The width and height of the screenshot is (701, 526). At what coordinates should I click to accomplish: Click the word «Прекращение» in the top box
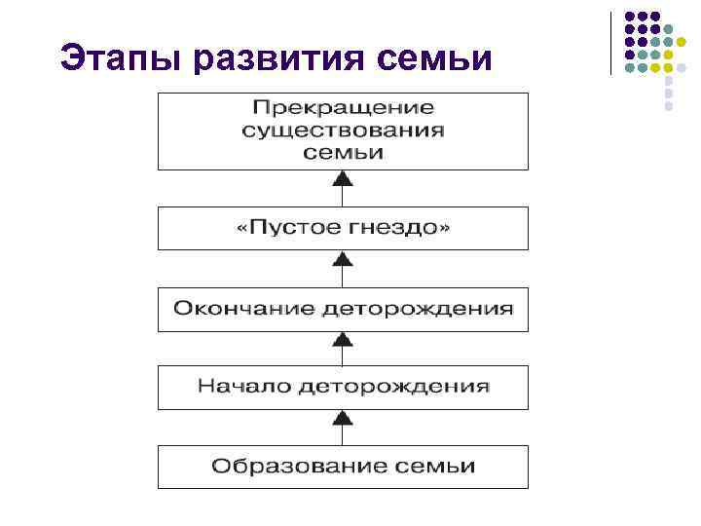click(344, 107)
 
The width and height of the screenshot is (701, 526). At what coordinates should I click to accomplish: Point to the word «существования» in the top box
click(344, 130)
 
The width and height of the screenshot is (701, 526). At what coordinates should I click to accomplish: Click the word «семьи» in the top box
click(344, 152)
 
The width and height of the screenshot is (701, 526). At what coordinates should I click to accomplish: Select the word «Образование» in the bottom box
click(283, 466)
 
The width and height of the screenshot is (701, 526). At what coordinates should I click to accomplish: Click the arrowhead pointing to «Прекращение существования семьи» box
click(342, 178)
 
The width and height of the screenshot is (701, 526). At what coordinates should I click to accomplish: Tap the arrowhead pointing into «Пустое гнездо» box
click(342, 258)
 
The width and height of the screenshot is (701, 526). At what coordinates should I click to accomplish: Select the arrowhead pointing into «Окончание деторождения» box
click(342, 338)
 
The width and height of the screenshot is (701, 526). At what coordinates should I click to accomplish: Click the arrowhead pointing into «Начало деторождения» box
click(342, 417)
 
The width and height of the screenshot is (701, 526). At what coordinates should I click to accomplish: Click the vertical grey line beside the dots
click(611, 44)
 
